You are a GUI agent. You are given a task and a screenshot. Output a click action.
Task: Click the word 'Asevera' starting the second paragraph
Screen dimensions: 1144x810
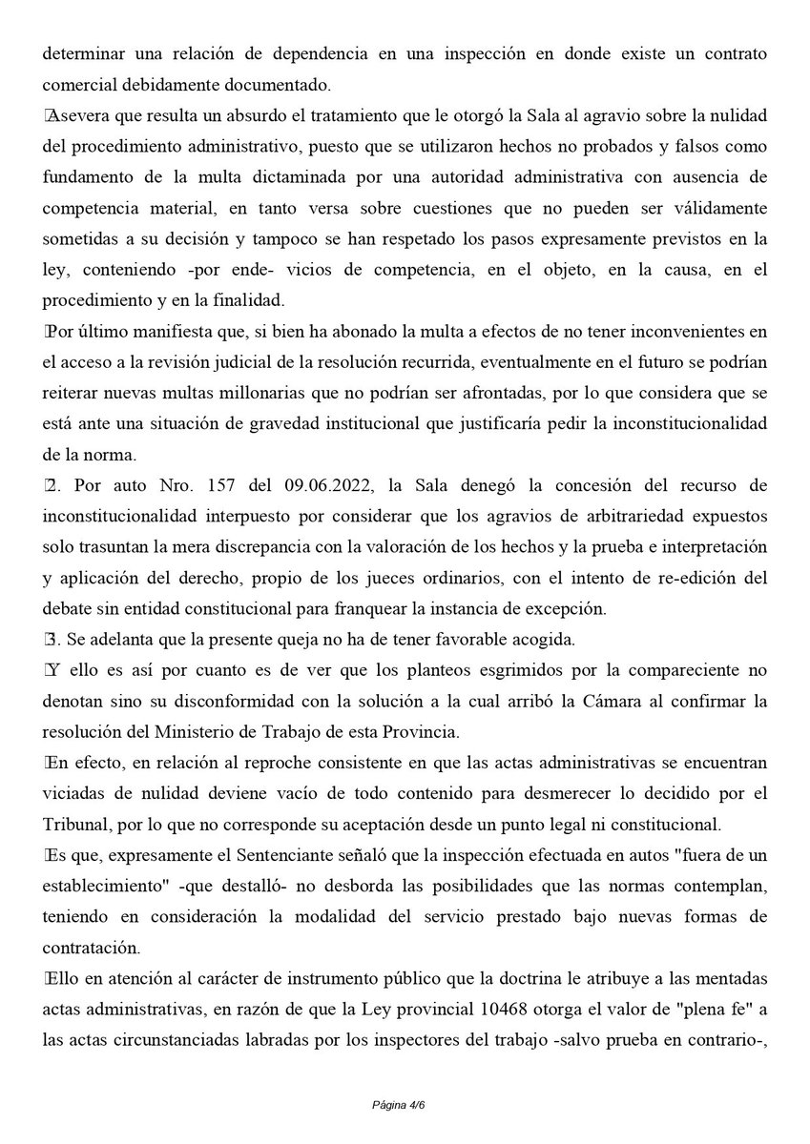(x=79, y=116)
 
